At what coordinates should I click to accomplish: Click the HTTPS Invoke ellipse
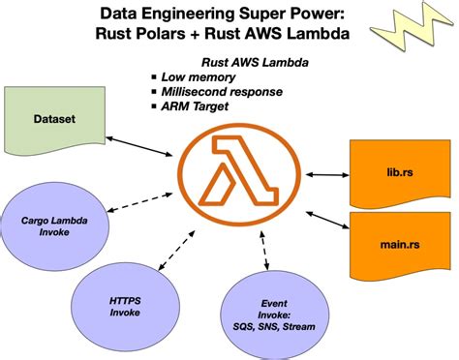tap(125, 306)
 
